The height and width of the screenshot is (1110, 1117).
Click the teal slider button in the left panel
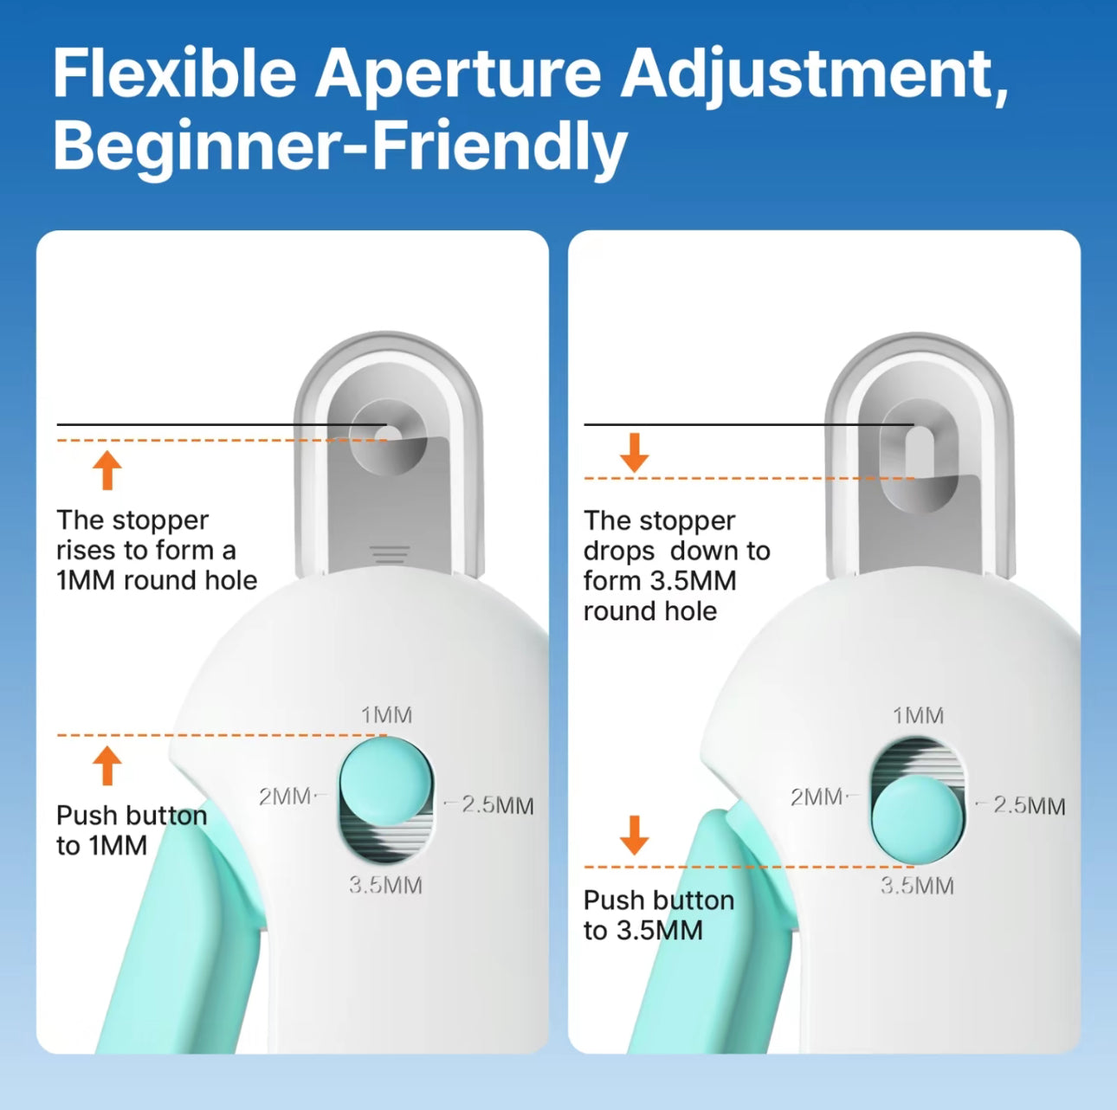click(x=386, y=780)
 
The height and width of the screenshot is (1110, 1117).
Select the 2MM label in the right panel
click(x=817, y=797)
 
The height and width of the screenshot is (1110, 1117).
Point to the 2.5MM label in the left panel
click(x=498, y=806)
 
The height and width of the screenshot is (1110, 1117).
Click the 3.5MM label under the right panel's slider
click(x=917, y=886)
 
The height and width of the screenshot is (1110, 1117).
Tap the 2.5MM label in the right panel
click(x=1030, y=806)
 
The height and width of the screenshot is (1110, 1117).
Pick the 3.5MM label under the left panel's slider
click(x=385, y=886)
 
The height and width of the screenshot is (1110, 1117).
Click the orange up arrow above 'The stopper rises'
click(x=107, y=470)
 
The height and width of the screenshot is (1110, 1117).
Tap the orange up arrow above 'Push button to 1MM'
click(x=107, y=765)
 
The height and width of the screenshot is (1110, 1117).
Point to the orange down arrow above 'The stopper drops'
click(x=635, y=452)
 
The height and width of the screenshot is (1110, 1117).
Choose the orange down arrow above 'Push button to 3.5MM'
click(x=635, y=836)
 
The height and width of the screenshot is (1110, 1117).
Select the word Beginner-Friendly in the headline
click(x=340, y=146)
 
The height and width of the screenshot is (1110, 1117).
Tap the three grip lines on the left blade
click(x=391, y=554)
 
